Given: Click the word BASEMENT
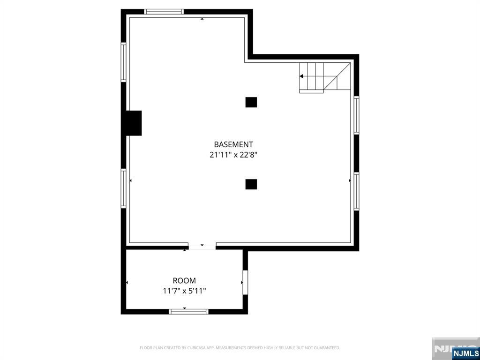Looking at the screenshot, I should [x=233, y=144].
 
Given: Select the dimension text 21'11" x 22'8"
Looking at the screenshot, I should [x=233, y=155].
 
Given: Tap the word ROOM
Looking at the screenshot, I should [x=184, y=281].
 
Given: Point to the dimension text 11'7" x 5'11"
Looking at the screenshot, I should [x=184, y=291].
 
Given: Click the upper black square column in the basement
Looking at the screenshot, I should [x=251, y=102].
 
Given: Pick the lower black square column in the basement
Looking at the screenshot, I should [x=251, y=184].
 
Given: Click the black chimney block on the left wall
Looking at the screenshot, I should [x=133, y=123].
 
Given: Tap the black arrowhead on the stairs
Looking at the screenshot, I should [x=301, y=76].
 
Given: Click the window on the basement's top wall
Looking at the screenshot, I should [x=164, y=12].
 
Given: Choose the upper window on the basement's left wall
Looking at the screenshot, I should [x=124, y=62].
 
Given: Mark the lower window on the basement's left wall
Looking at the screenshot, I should [x=124, y=188].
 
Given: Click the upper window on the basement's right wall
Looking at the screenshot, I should [x=356, y=115].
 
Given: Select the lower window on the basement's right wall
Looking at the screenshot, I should [x=356, y=191].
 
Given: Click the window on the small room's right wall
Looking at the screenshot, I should [x=245, y=282].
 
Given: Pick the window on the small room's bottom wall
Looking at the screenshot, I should [x=188, y=311].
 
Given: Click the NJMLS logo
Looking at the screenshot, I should [x=465, y=353].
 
